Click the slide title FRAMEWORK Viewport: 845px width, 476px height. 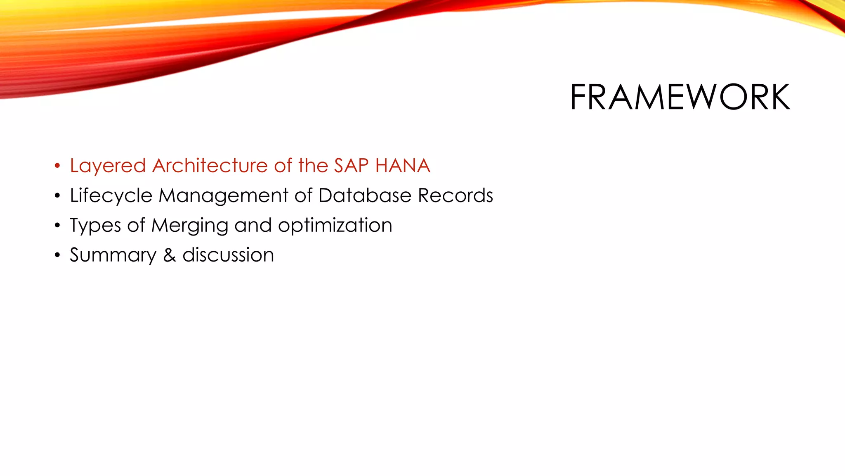(x=680, y=97)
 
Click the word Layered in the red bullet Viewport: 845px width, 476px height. (x=108, y=166)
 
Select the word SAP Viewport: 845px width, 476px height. (x=351, y=166)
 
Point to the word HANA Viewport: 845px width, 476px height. (x=403, y=166)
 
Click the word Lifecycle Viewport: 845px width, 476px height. (x=111, y=196)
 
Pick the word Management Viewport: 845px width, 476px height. (x=223, y=195)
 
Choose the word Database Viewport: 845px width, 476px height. (x=365, y=195)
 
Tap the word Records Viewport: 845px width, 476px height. (x=455, y=195)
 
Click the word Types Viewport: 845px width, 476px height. (x=95, y=226)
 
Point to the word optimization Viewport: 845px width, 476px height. (x=335, y=226)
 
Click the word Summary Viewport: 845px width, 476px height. (x=113, y=255)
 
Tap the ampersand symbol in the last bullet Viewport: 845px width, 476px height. (x=170, y=255)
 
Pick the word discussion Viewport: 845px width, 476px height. (x=228, y=255)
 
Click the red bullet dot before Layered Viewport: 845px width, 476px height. (x=57, y=166)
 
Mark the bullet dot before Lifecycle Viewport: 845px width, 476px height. (x=57, y=196)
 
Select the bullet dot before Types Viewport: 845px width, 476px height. (x=57, y=226)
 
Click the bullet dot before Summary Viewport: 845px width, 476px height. (x=57, y=255)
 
